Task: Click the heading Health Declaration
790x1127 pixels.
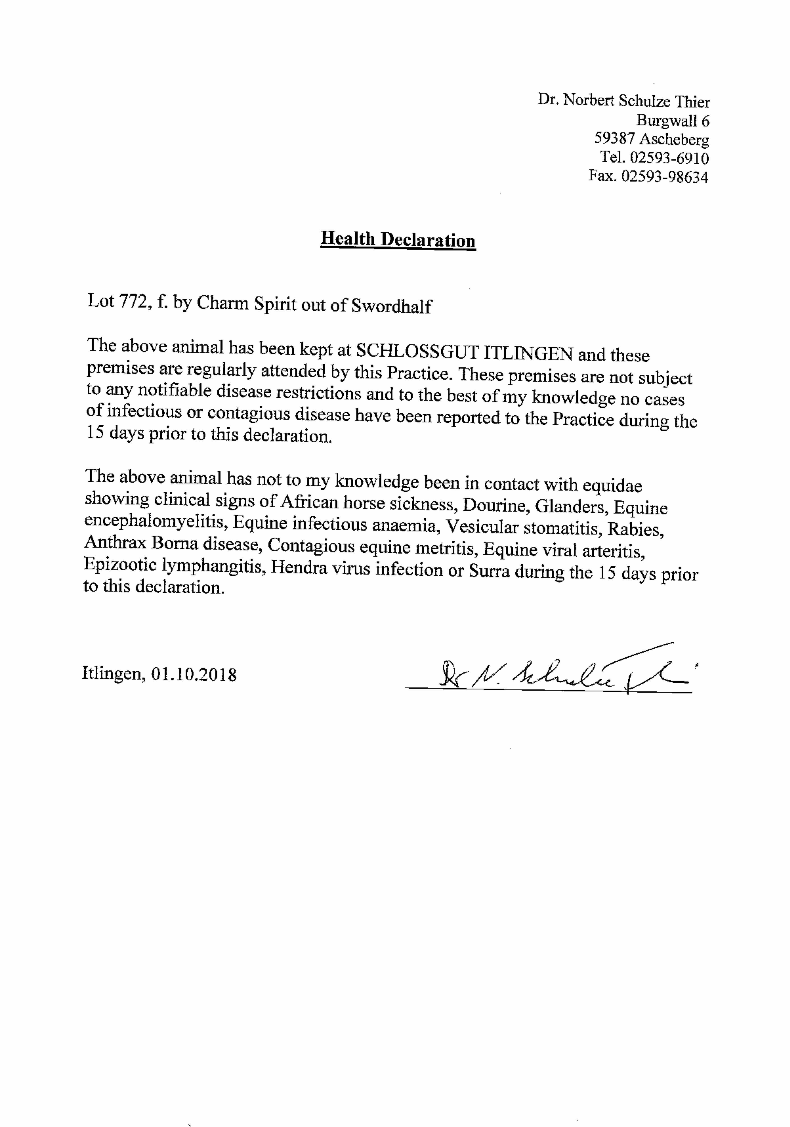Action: point(398,240)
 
